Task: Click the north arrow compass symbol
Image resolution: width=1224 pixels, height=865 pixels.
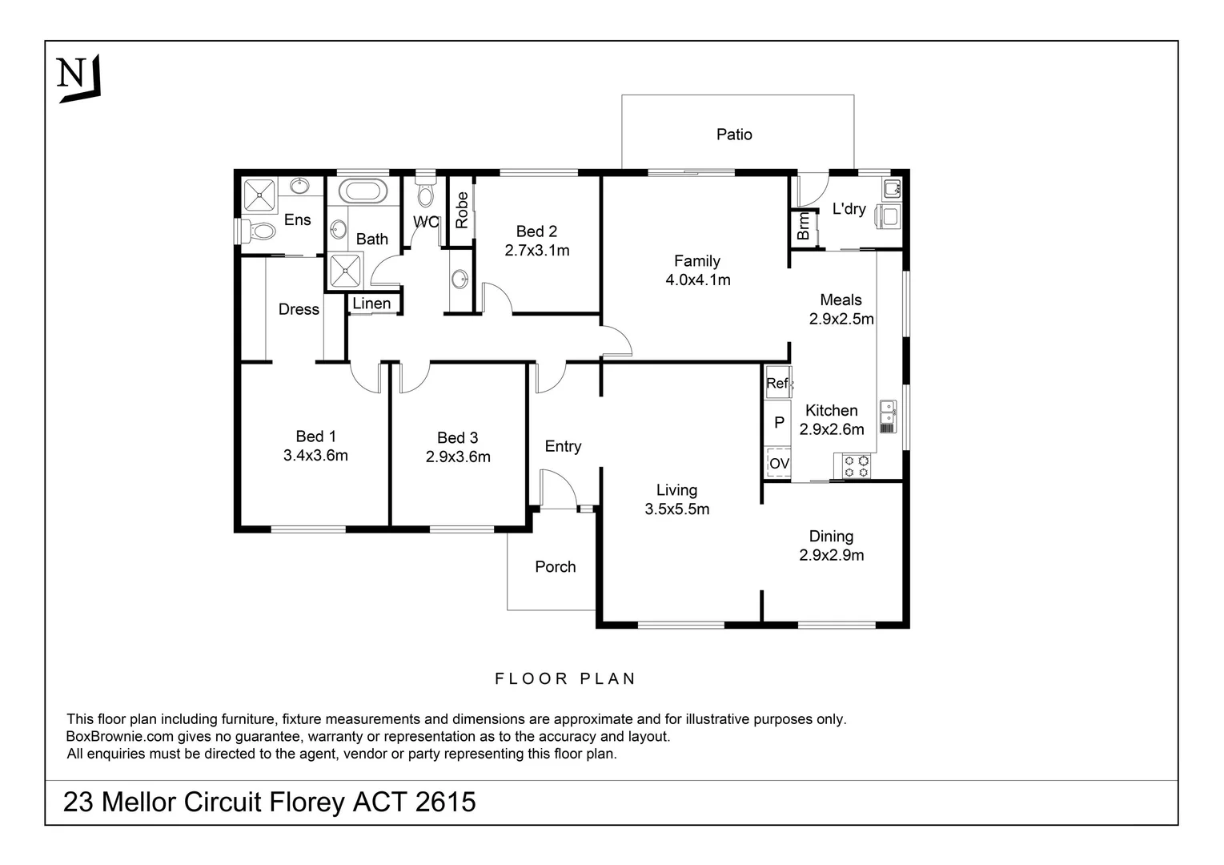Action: [78, 78]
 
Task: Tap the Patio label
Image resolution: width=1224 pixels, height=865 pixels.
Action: [733, 135]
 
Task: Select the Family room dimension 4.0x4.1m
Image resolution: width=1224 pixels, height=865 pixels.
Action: [697, 280]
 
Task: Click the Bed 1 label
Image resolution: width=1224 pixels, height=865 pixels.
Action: [315, 437]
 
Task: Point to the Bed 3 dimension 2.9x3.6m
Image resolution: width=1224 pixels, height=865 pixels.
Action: [458, 457]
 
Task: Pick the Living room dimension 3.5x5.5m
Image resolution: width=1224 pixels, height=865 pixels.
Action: [676, 509]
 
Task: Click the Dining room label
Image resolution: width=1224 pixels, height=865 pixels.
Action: [831, 537]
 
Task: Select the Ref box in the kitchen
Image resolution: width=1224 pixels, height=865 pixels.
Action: [777, 384]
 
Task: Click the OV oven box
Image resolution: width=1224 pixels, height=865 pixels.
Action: [778, 464]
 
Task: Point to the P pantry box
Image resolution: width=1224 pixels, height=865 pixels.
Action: [778, 423]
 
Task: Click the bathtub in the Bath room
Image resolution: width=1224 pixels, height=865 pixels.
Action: [363, 192]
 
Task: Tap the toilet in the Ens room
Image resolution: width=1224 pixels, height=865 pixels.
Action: [258, 232]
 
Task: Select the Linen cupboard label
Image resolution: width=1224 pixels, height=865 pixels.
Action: [371, 304]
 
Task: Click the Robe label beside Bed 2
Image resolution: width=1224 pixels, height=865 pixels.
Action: [462, 210]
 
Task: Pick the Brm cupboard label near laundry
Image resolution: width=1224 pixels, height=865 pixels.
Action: [803, 227]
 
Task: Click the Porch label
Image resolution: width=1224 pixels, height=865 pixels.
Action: [555, 567]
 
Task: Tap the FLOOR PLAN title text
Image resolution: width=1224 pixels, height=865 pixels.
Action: [565, 679]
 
